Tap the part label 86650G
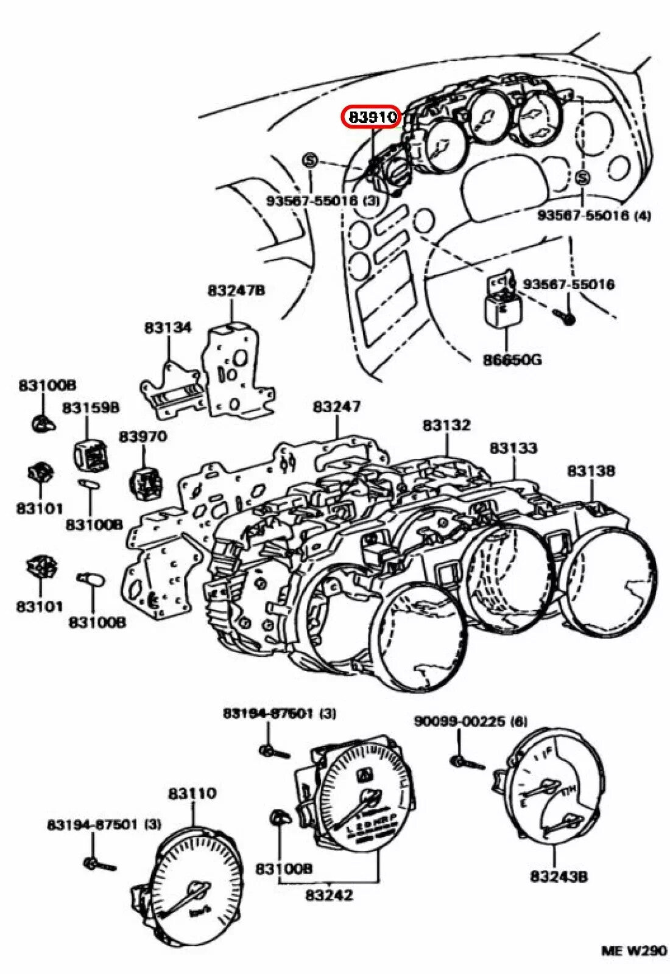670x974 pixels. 512,360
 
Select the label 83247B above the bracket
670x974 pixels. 236,290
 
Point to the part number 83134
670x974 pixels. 168,328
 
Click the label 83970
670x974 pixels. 143,436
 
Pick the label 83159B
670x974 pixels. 91,408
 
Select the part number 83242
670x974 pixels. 329,895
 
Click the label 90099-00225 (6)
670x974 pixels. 470,721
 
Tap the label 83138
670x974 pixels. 591,471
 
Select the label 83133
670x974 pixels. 513,448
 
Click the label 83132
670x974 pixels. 446,425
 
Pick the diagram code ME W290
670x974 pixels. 633,951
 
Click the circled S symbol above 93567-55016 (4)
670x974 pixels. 583,178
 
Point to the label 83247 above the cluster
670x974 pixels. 337,406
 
